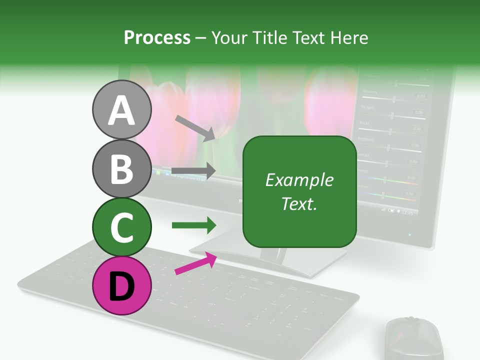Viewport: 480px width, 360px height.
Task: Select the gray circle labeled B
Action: pyautogui.click(x=121, y=169)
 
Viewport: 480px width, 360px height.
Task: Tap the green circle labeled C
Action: pyautogui.click(x=121, y=227)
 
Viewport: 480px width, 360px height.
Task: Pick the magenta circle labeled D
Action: pyautogui.click(x=121, y=285)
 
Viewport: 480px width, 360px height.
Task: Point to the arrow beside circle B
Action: pyautogui.click(x=194, y=170)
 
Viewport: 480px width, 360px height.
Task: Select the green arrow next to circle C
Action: pyautogui.click(x=194, y=225)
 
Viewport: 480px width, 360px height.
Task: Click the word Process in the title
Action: pyautogui.click(x=157, y=38)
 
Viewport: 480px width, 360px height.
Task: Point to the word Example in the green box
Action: pyautogui.click(x=299, y=180)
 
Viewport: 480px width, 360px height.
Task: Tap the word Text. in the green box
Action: pyautogui.click(x=299, y=203)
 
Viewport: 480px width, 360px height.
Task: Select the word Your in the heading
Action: pyautogui.click(x=229, y=38)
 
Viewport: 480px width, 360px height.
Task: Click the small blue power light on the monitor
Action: pyautogui.click(x=410, y=234)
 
